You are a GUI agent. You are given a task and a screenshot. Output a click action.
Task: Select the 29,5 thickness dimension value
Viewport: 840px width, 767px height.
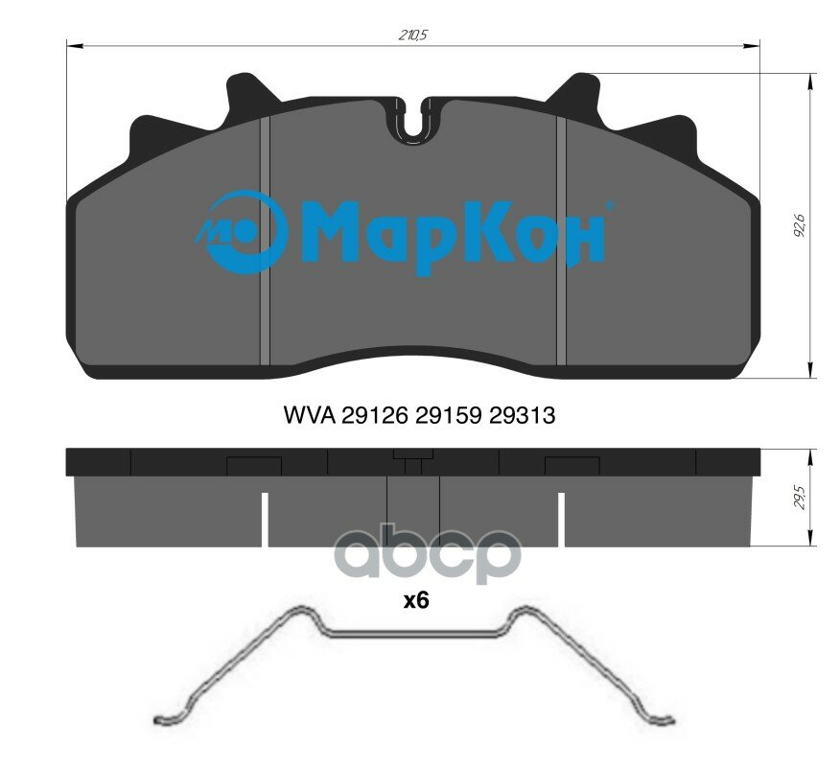point(800,498)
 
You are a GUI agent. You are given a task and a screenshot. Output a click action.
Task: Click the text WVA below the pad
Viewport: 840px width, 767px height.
point(309,415)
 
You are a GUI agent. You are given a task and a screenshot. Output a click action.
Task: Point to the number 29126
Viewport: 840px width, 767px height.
point(375,415)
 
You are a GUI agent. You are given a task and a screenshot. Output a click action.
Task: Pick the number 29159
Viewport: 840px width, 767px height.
point(449,415)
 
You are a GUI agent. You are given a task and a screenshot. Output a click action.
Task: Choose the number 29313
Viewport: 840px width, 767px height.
point(523,415)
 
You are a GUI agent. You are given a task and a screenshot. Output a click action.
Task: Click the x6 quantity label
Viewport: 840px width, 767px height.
point(416,601)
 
